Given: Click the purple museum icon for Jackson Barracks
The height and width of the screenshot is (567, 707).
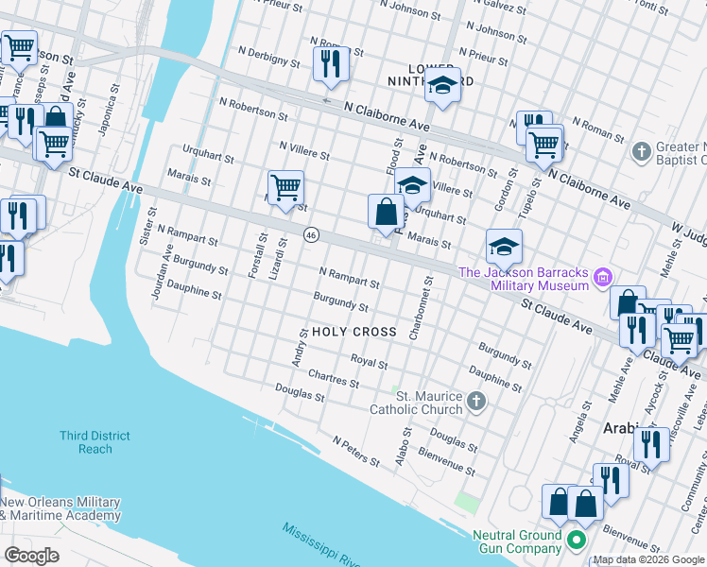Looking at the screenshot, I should tap(603, 279).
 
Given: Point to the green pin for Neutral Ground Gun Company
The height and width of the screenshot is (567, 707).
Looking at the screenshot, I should tap(577, 541).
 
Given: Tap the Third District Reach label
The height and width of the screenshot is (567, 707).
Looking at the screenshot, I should tap(95, 442).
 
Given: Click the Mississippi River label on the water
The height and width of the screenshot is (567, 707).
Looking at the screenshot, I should tap(321, 545).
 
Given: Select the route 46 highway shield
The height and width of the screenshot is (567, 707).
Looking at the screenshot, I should tap(310, 234).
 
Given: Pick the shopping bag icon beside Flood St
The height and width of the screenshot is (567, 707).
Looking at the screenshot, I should tap(387, 213).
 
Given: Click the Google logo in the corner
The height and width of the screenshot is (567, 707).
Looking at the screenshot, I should tap(32, 556).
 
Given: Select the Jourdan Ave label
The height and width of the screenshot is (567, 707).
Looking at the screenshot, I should tap(161, 273).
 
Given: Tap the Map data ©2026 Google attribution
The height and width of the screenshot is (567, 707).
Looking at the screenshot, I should tap(648, 559).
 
